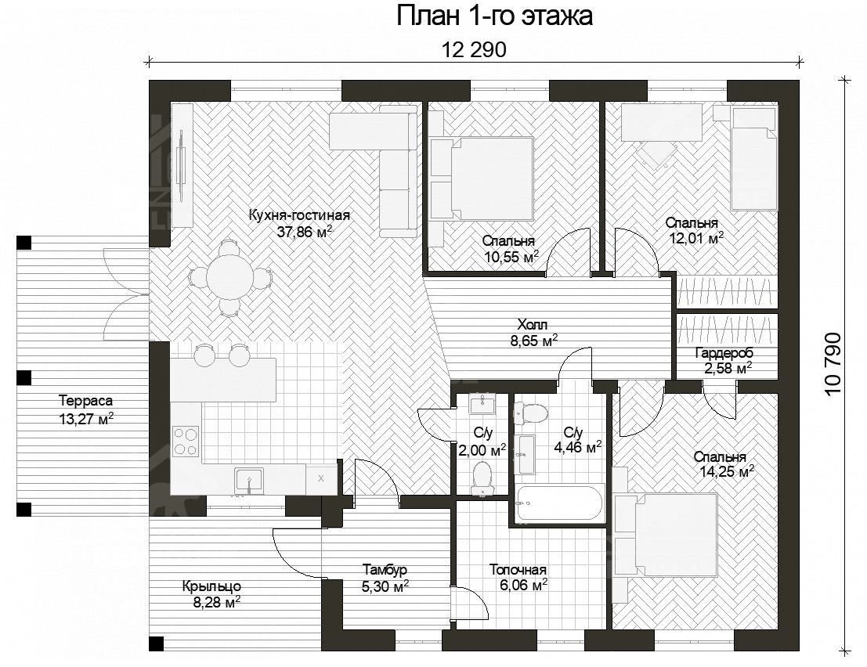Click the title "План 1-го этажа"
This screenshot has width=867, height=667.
tap(494, 16)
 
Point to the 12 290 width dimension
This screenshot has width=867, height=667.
tap(474, 50)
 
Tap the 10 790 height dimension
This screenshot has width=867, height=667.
tap(833, 363)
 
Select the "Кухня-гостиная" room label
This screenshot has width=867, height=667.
tap(299, 215)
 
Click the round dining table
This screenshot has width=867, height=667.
tap(230, 273)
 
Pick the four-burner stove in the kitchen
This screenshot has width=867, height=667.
tap(186, 442)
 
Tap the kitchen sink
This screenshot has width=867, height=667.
tap(249, 480)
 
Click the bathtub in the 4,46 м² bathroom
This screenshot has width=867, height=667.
tap(560, 503)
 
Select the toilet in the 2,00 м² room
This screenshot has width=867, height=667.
tap(482, 478)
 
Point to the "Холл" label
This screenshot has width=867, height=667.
tap(533, 324)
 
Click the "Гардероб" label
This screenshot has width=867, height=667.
tap(724, 352)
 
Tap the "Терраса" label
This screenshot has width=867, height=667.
tap(85, 400)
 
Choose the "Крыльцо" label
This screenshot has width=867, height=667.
tap(211, 586)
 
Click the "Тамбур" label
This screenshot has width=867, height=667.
tap(385, 569)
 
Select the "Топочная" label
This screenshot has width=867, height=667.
tap(518, 570)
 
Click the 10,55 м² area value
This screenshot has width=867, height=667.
tap(511, 257)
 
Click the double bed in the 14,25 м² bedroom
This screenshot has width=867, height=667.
tap(666, 535)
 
